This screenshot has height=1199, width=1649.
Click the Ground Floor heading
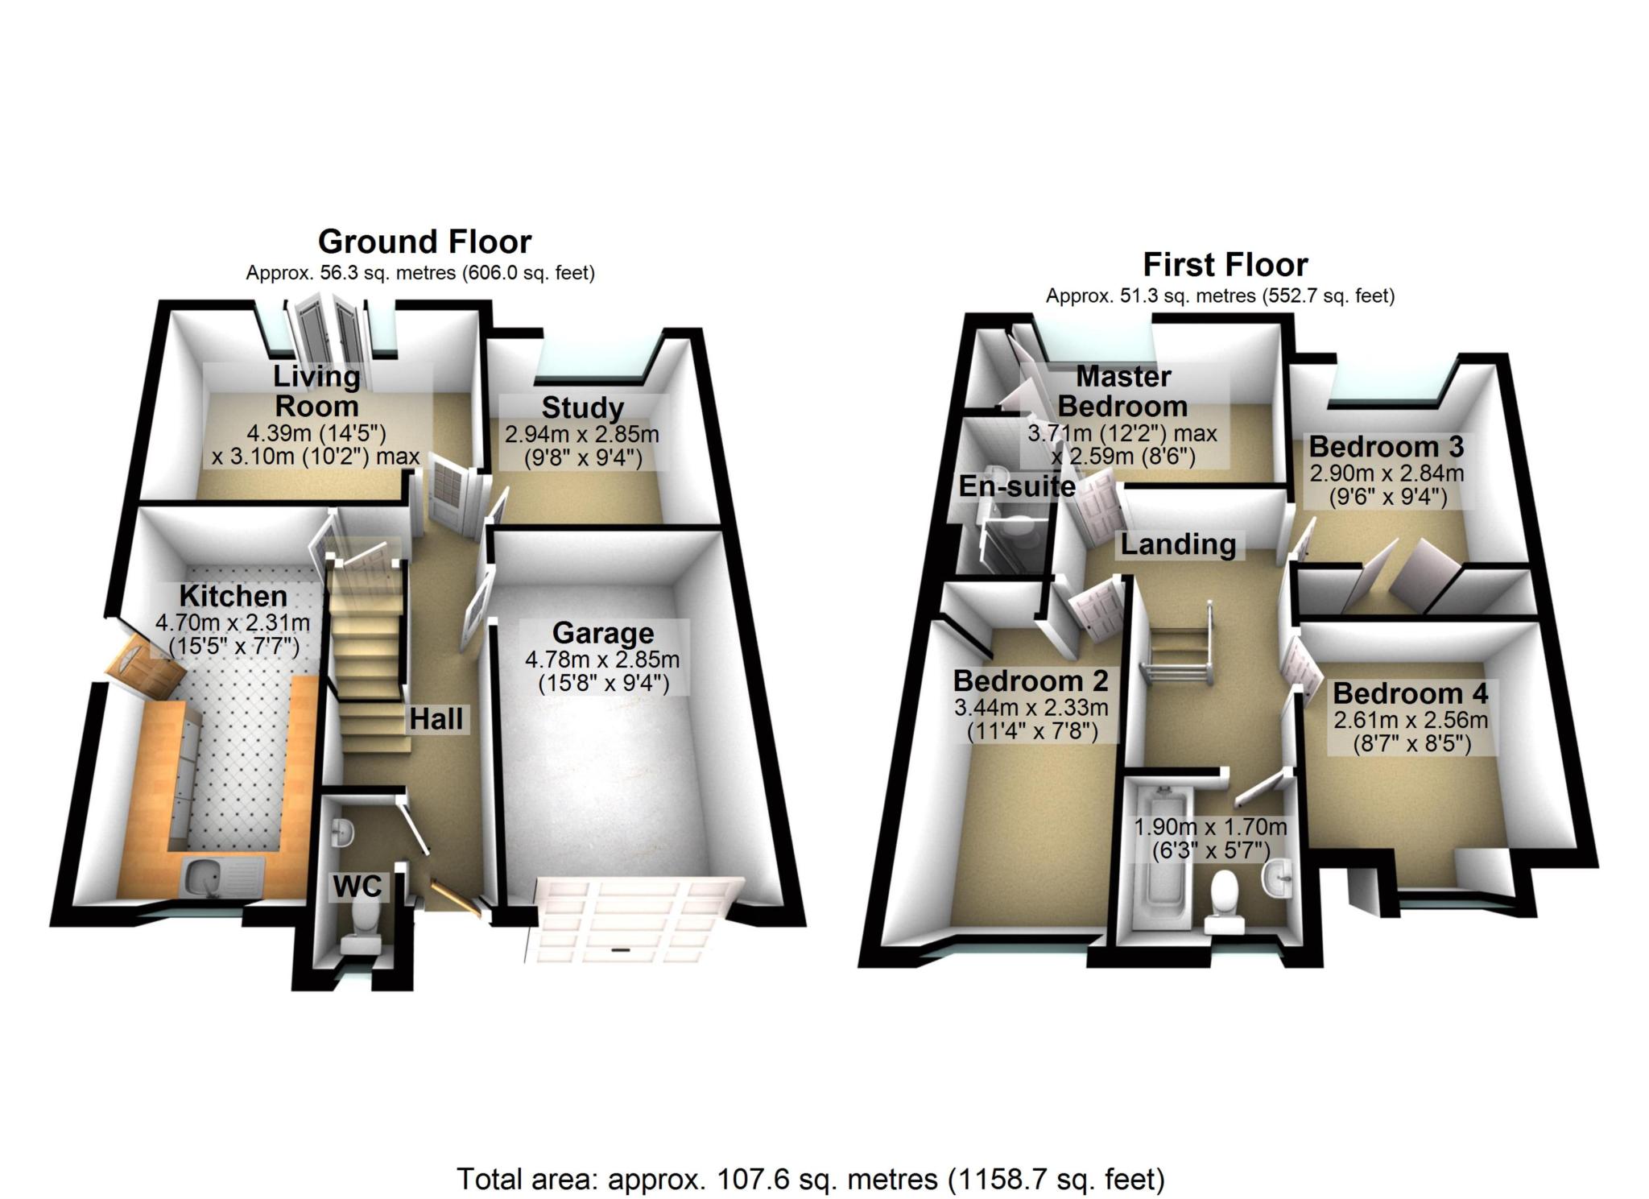coord(424,242)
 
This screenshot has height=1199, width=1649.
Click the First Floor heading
coord(1225,264)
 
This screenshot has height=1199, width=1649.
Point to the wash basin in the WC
coord(342,832)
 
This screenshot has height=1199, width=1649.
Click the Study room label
coord(582,408)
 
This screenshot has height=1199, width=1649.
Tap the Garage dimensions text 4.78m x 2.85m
coord(602,659)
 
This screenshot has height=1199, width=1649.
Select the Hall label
coord(436,719)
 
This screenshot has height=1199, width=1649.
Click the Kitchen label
coord(234,596)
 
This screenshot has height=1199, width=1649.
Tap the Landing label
coord(1178,545)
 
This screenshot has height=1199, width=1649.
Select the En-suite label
coord(1017,486)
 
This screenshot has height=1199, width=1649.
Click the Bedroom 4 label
coord(1411,693)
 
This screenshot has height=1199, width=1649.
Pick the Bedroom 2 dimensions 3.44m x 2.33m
coord(1031,708)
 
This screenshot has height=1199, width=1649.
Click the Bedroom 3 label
coord(1387,446)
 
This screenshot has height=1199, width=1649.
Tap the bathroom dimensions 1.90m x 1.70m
coord(1210,827)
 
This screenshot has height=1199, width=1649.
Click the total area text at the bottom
coord(811,1180)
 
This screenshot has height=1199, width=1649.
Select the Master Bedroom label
coord(1123,391)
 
